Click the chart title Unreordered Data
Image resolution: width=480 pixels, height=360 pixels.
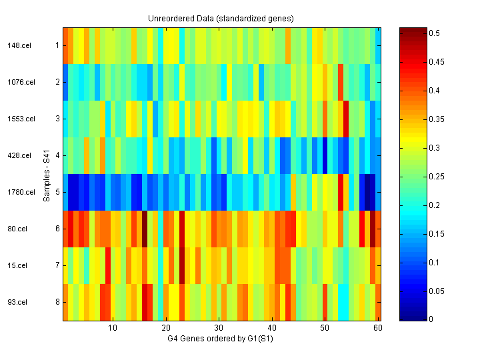pyautogui.click(x=221, y=18)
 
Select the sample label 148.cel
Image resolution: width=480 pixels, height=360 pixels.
pyautogui.click(x=17, y=45)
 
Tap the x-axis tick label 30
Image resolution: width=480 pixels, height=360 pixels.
pyautogui.click(x=219, y=329)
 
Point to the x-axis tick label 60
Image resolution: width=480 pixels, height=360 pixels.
pyautogui.click(x=377, y=329)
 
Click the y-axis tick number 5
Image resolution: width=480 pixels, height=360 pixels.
pyautogui.click(x=57, y=192)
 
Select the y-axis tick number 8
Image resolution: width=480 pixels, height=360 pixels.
pyautogui.click(x=57, y=302)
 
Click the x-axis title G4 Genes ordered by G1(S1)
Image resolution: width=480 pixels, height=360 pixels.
pyautogui.click(x=221, y=339)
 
